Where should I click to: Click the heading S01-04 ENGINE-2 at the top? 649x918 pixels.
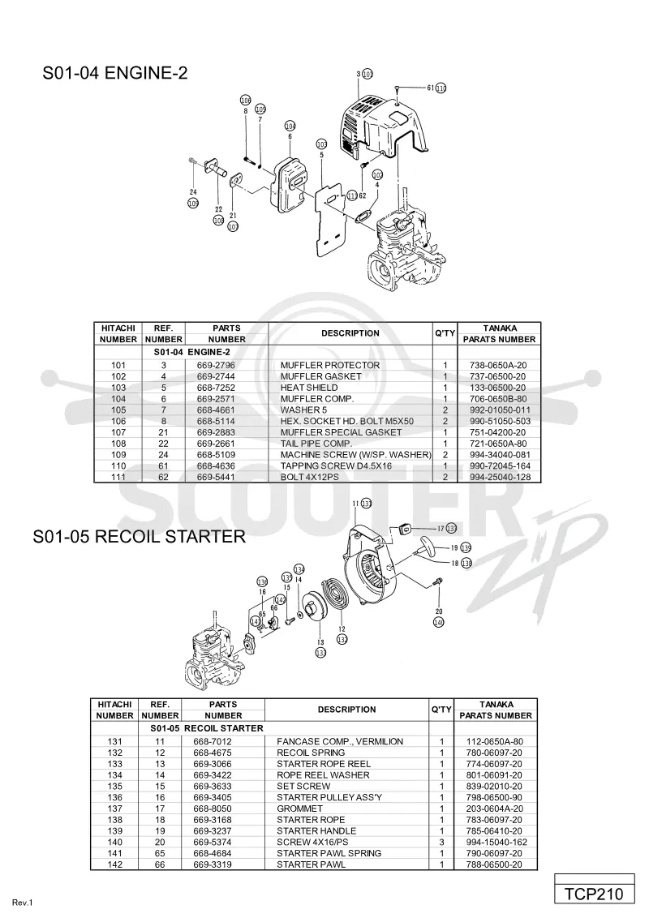115,73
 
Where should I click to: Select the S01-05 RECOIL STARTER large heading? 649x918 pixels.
140,536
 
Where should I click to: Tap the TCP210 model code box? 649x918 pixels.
595,894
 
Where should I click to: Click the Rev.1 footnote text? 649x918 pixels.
23,903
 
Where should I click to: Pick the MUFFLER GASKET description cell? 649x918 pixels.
321,376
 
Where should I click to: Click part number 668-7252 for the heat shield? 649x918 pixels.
216,388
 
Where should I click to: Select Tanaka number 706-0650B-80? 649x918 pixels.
498,399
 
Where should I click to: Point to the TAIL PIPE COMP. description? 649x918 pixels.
316,444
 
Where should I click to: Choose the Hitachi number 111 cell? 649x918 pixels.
118,477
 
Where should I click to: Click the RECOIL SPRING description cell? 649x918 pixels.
311,753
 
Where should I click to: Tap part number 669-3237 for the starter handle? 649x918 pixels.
213,830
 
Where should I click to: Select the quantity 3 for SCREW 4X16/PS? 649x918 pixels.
441,842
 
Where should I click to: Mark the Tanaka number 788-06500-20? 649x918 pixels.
494,864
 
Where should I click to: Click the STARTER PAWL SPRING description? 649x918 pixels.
329,853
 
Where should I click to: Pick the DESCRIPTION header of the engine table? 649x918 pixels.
350,333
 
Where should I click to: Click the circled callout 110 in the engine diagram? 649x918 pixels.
441,88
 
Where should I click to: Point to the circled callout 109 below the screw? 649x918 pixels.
193,204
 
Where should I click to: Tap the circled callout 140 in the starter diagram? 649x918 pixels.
439,622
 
